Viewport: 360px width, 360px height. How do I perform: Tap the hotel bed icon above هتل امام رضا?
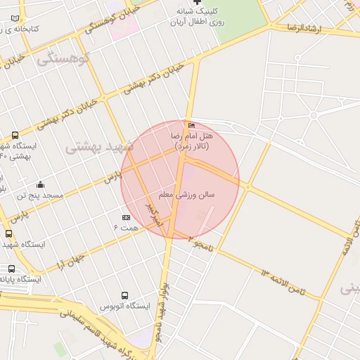192,126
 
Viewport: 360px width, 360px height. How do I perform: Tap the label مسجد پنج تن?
40,195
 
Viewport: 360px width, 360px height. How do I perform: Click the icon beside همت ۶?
126,217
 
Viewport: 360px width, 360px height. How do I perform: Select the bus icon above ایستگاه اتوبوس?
124,295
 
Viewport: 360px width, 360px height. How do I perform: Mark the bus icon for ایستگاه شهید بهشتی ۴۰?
15,135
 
